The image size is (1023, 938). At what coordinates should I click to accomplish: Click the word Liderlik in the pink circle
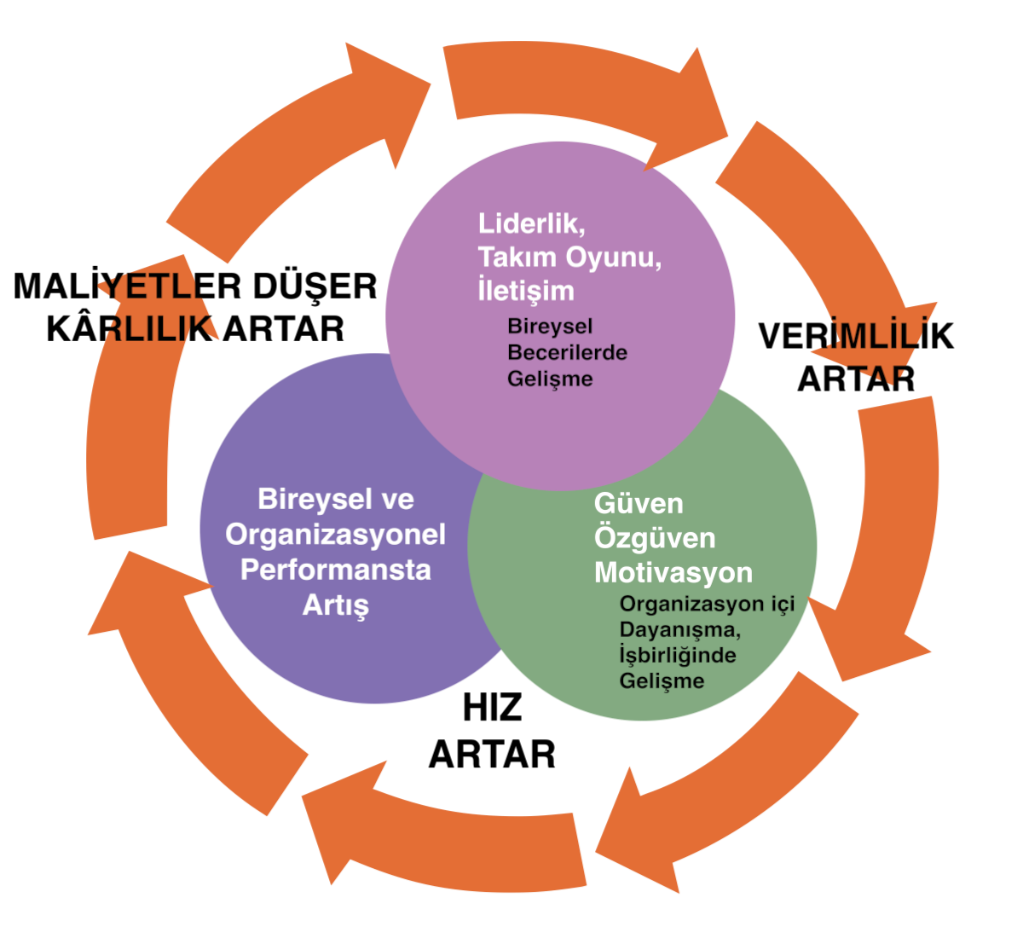point(530,223)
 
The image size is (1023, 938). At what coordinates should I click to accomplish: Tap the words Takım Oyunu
point(569,257)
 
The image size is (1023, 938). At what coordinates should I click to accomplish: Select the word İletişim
point(525,290)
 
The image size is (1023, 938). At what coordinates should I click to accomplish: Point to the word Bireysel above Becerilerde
point(550,326)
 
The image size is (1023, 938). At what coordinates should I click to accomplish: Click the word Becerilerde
point(567,352)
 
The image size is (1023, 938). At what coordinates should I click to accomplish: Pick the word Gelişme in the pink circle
point(550,379)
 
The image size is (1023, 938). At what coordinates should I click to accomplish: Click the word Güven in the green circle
point(639,503)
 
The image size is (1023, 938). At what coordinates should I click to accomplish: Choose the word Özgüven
point(654,538)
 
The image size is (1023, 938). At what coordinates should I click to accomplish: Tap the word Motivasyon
point(673,572)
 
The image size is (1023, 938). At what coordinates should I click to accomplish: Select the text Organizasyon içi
point(707,604)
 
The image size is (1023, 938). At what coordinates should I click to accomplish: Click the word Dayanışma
point(679,629)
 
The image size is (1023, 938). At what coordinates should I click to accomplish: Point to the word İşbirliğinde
point(678,655)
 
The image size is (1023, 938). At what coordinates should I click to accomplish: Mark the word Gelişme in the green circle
point(662,680)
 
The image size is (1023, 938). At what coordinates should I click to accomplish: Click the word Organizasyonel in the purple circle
point(335,535)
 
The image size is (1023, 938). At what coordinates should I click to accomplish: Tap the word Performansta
point(335,570)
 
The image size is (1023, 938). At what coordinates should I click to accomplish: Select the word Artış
point(335,605)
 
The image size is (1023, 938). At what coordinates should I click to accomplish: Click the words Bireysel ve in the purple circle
point(335,499)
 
